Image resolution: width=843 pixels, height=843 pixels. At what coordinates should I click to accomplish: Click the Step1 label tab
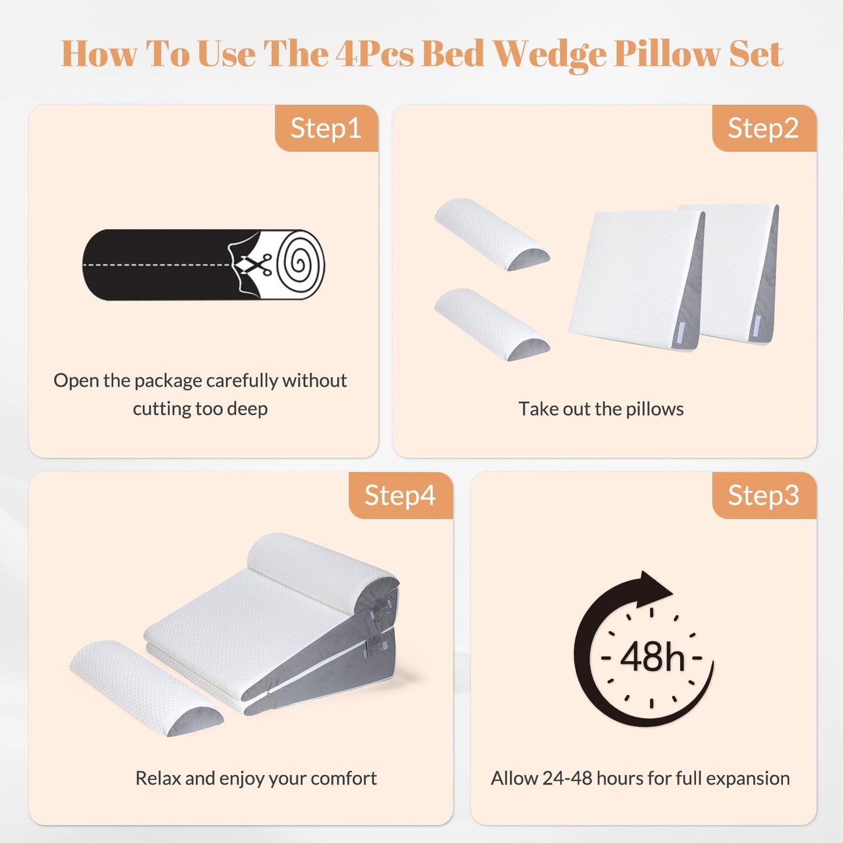point(326,128)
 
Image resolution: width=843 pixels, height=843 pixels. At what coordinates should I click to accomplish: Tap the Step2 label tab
point(763,128)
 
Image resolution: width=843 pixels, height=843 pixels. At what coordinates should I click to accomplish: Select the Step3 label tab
point(763,495)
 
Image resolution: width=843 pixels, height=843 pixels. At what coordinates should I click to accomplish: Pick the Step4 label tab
point(400,495)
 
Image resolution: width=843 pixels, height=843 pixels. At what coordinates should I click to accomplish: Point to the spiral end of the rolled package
point(300,264)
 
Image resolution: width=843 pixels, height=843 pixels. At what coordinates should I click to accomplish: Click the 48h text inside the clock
point(652,657)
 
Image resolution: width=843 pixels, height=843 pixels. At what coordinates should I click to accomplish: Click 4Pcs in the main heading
point(374,54)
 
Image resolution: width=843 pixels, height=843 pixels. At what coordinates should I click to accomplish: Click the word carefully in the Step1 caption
point(242,380)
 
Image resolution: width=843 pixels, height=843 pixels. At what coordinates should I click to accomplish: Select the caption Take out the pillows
point(601,409)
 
